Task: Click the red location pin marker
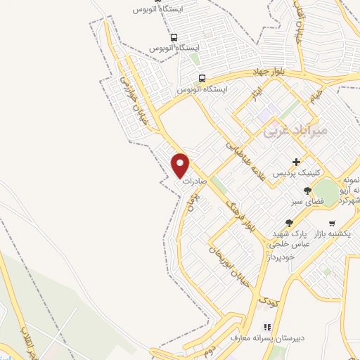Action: pos(181,165)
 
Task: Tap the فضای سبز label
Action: pos(307,201)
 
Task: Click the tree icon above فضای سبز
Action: pos(307,191)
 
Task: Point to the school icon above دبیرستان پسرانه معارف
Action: pos(266,326)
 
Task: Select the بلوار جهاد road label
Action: pos(262,72)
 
